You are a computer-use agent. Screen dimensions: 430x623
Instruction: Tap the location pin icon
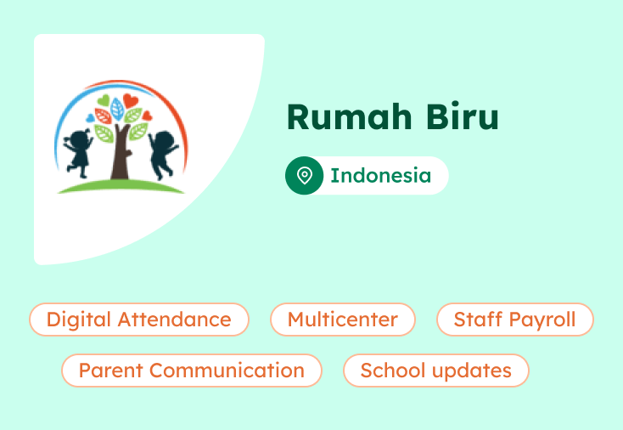click(x=304, y=176)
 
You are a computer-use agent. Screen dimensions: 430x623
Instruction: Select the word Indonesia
click(x=380, y=176)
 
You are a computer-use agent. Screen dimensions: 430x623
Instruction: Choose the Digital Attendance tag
click(x=139, y=320)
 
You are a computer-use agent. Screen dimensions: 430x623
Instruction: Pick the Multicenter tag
click(x=342, y=320)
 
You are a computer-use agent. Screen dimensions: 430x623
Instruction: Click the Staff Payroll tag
click(x=514, y=320)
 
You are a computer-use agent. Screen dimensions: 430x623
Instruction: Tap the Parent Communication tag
click(x=191, y=371)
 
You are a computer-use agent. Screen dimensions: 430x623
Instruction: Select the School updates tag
click(x=435, y=371)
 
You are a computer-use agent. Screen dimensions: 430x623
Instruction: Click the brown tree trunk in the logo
click(x=118, y=157)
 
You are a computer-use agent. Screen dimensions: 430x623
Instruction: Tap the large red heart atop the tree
click(x=131, y=101)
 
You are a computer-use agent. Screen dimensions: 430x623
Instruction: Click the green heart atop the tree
click(x=104, y=101)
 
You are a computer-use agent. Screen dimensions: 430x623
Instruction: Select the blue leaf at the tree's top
click(x=117, y=109)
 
